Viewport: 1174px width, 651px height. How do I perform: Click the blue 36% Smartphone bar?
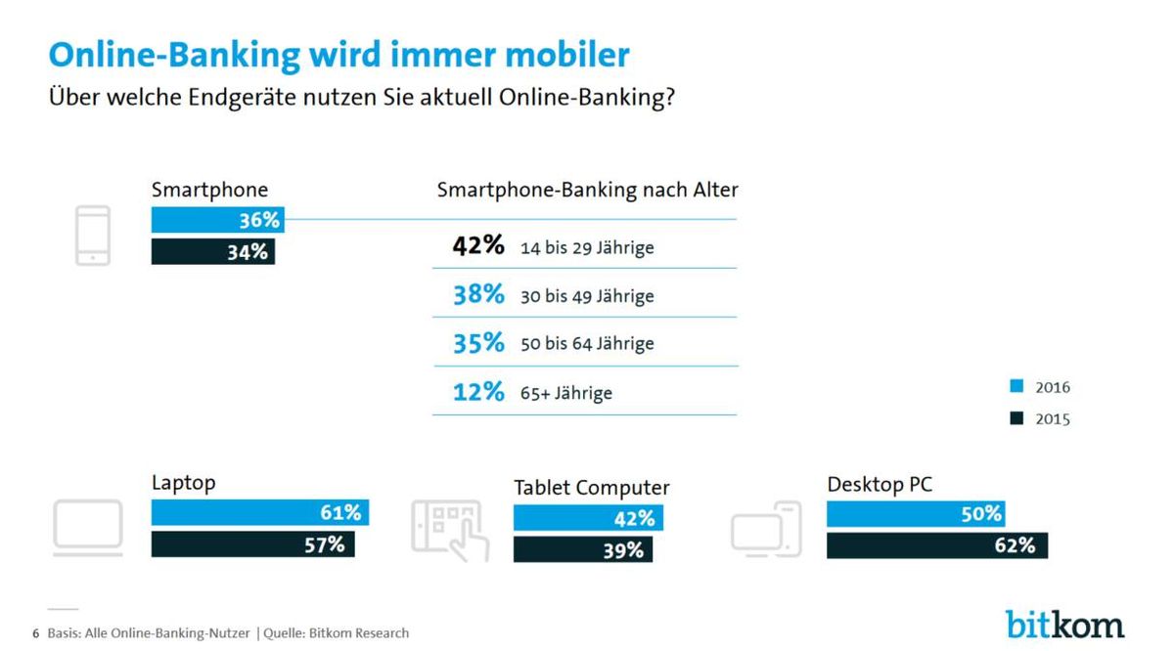pyautogui.click(x=218, y=220)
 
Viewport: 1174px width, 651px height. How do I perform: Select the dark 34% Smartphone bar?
pyautogui.click(x=213, y=252)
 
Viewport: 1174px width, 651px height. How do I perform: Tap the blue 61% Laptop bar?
pyautogui.click(x=260, y=512)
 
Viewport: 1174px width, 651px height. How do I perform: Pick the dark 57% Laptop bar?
pyautogui.click(x=253, y=544)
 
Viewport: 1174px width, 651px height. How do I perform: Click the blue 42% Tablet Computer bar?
pyautogui.click(x=588, y=518)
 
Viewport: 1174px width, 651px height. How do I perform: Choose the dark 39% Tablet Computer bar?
pyautogui.click(x=583, y=549)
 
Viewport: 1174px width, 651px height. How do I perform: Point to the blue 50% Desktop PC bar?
pyautogui.click(x=916, y=514)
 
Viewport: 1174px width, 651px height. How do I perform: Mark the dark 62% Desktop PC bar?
pyautogui.click(x=937, y=545)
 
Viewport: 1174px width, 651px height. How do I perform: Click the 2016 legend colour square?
pyautogui.click(x=1016, y=386)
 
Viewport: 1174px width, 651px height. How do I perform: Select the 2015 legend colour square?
pyautogui.click(x=1016, y=418)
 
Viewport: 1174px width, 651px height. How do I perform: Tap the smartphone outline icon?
pyautogui.click(x=93, y=236)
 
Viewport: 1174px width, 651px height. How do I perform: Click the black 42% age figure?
pyautogui.click(x=478, y=245)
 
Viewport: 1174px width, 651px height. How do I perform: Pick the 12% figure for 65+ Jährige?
pyautogui.click(x=478, y=392)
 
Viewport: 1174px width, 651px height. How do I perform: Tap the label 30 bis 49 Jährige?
pyautogui.click(x=587, y=296)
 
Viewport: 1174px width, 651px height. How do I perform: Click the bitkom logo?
pyautogui.click(x=1064, y=625)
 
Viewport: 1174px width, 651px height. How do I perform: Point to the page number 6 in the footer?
pyautogui.click(x=35, y=633)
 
